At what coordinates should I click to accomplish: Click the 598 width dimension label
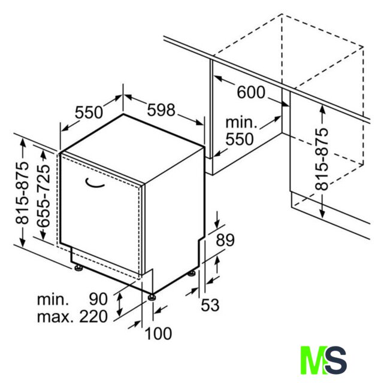click(x=161, y=110)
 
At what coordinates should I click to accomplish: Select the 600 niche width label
click(x=251, y=92)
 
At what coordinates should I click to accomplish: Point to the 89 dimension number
click(x=225, y=240)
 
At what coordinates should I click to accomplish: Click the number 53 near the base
click(x=210, y=305)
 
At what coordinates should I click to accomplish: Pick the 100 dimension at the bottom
click(x=158, y=333)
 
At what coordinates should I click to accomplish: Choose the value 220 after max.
click(x=93, y=317)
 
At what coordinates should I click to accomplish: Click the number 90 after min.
click(x=98, y=299)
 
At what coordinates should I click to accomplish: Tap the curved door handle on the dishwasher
click(x=95, y=184)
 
